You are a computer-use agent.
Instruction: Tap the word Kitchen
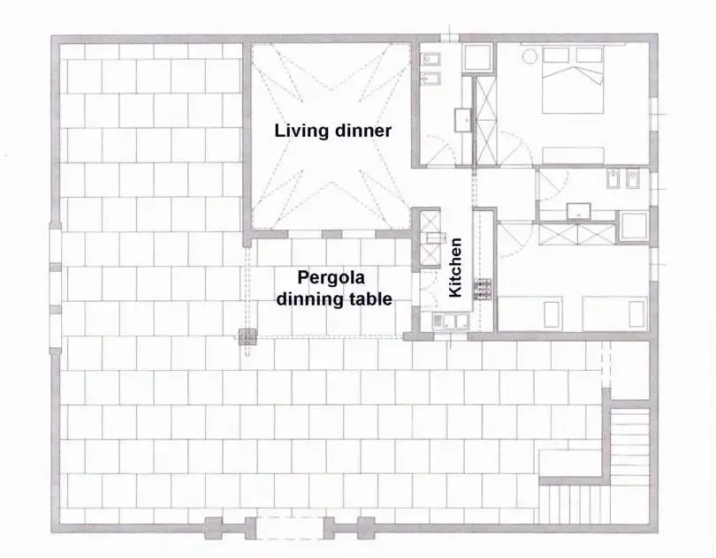(456, 268)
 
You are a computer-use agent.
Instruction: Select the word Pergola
(331, 279)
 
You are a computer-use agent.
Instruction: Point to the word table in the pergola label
(371, 299)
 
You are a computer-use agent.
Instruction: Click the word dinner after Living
(362, 132)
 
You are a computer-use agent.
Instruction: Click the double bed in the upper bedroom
(574, 79)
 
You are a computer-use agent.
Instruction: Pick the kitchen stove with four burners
(484, 290)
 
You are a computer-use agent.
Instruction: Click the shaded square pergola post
(248, 336)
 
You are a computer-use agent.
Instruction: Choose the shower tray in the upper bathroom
(477, 59)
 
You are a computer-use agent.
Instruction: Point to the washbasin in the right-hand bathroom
(579, 210)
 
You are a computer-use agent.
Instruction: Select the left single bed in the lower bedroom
(553, 314)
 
